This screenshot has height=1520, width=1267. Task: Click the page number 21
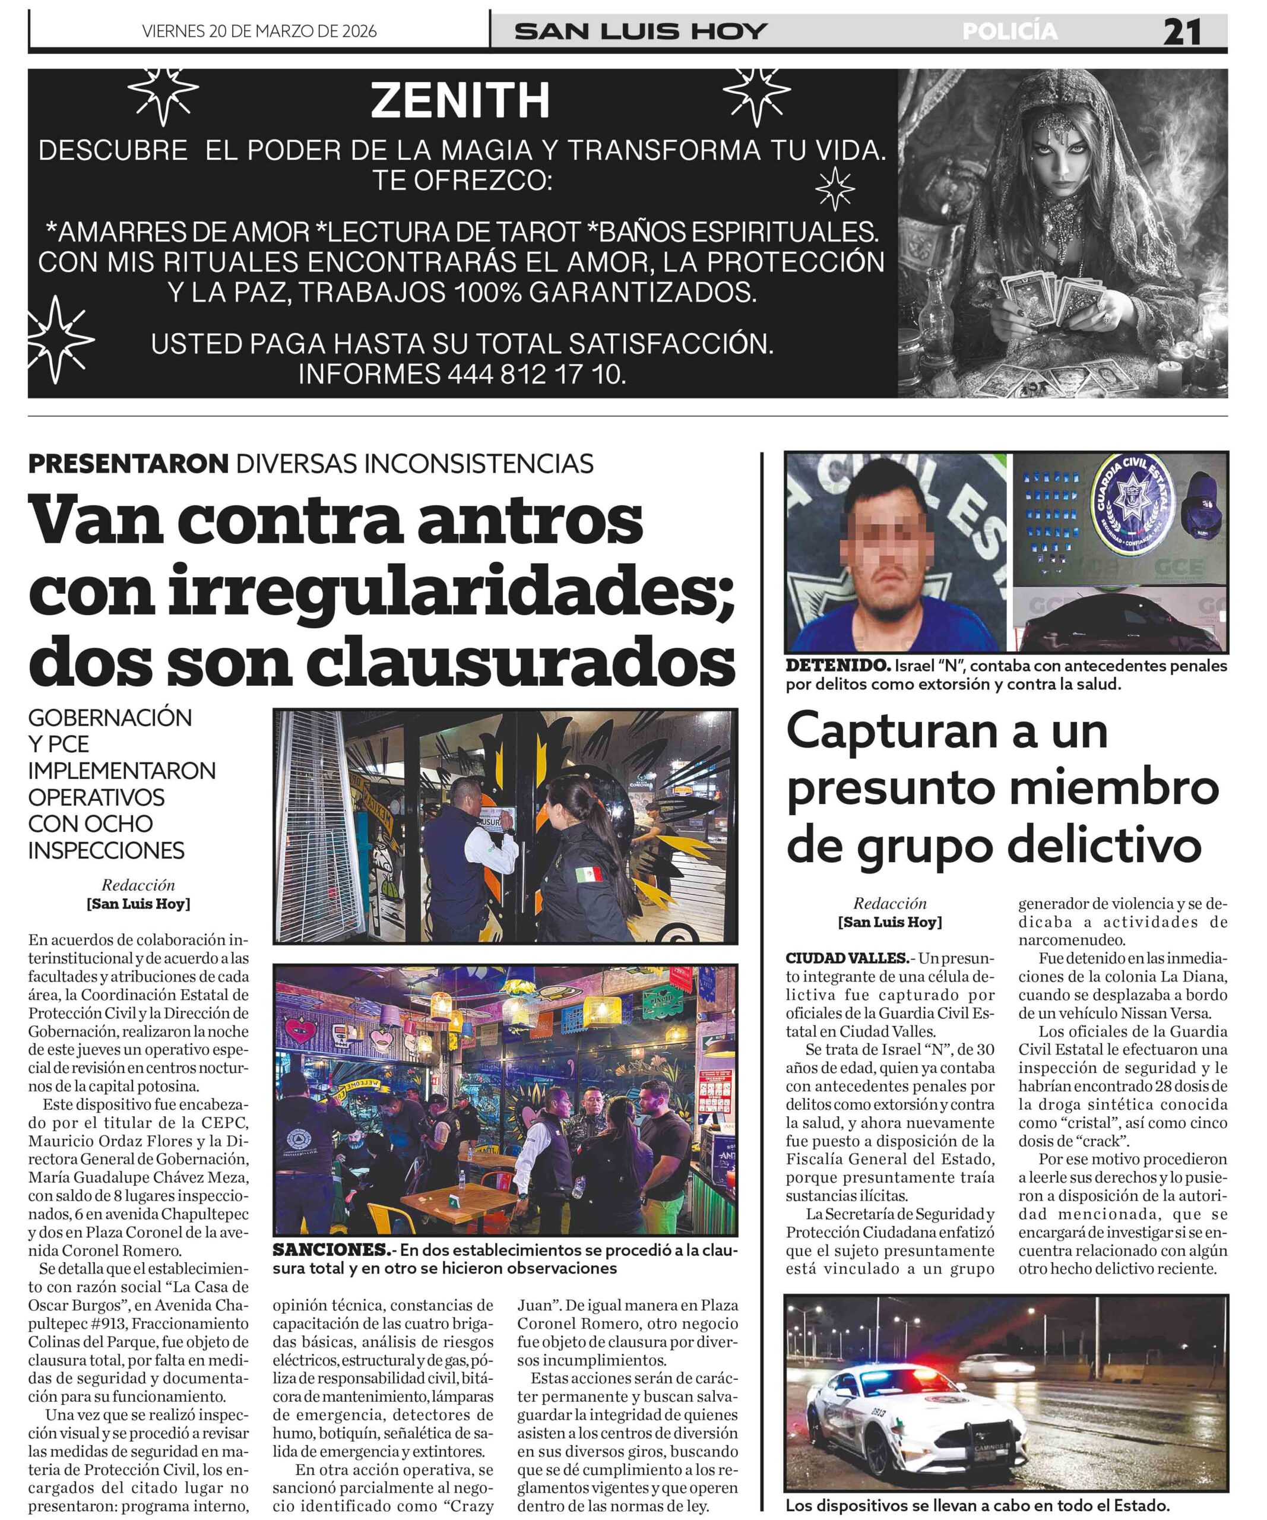(1182, 32)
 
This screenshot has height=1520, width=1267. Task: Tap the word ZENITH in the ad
(460, 100)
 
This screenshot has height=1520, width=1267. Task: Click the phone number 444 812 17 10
(535, 374)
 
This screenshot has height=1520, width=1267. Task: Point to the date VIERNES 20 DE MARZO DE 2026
(259, 31)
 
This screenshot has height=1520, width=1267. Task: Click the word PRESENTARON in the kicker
(128, 463)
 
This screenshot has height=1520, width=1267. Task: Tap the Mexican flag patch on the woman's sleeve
(588, 875)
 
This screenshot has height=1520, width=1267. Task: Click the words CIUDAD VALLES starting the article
(846, 958)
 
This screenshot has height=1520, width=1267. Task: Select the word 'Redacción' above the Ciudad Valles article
(889, 903)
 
